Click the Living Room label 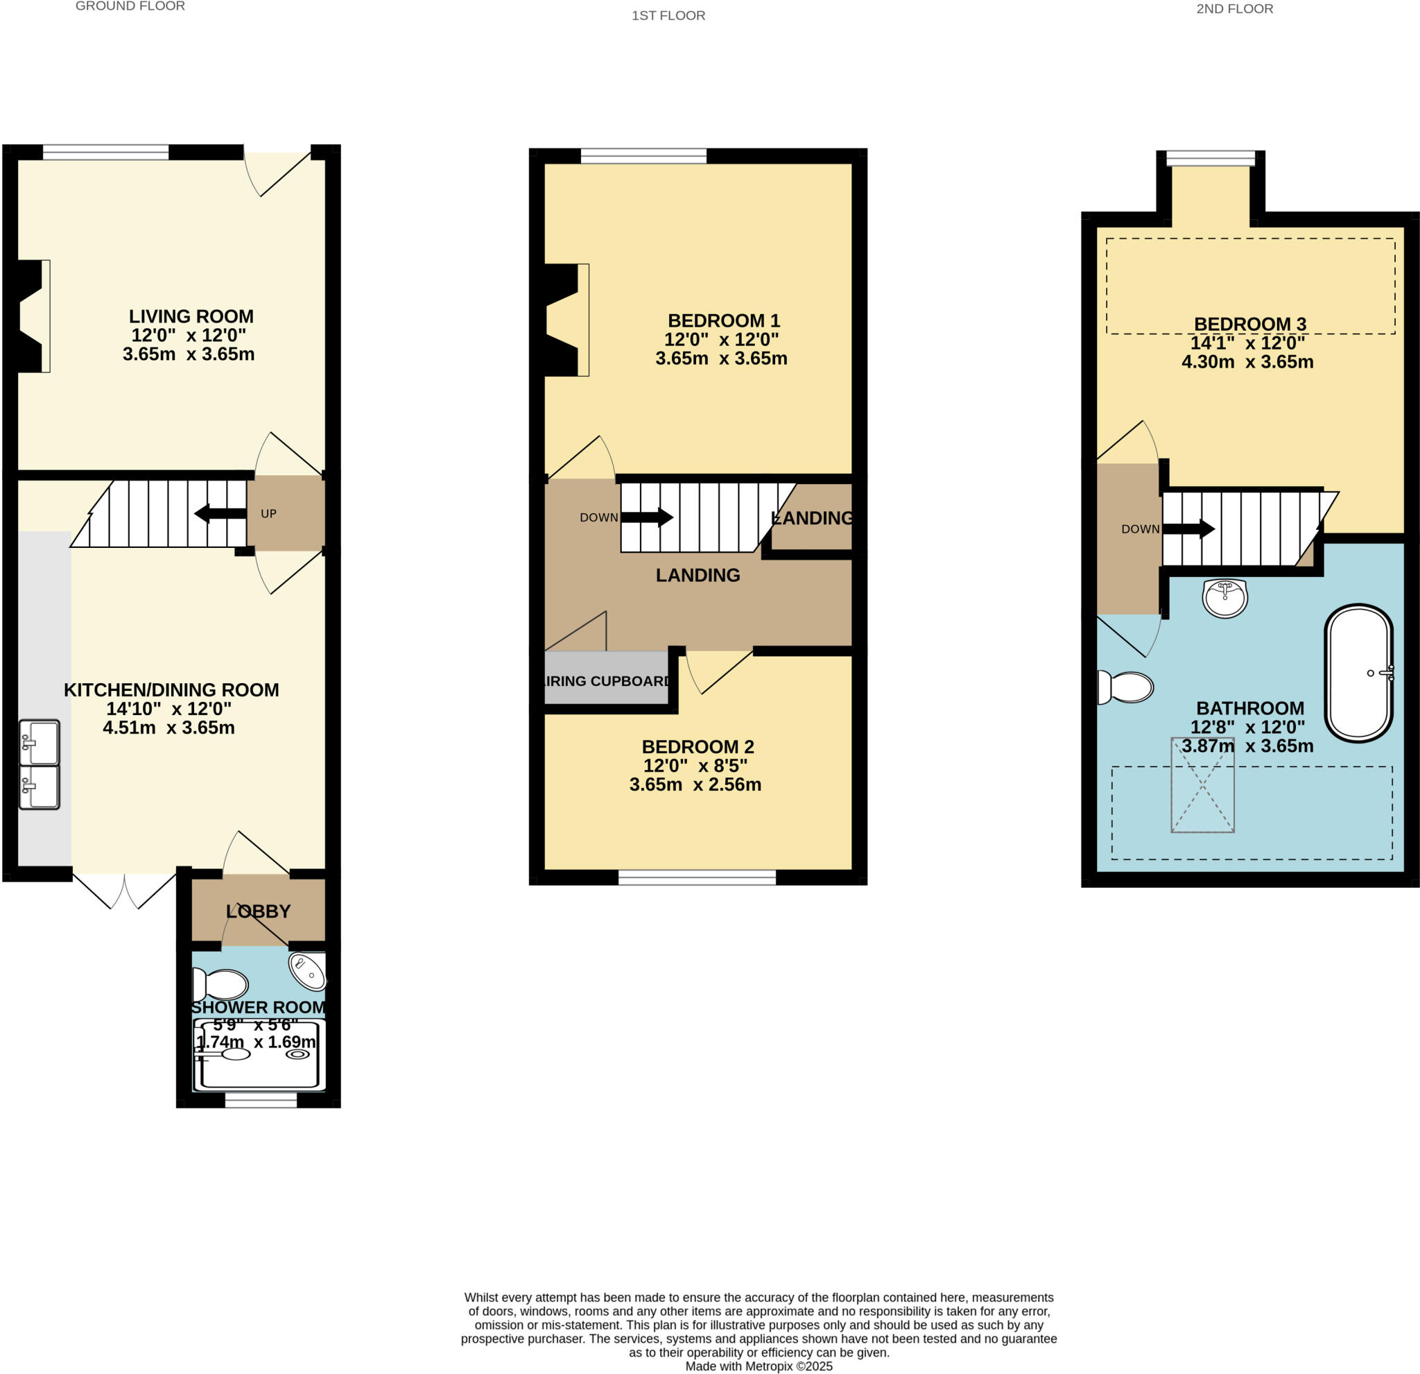[x=191, y=316]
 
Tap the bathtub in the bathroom [x=1358, y=673]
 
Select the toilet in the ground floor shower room [x=221, y=985]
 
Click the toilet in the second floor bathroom [x=1126, y=687]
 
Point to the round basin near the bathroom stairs [x=1225, y=598]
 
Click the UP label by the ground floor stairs [x=268, y=514]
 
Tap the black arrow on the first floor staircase [x=647, y=517]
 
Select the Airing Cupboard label [x=607, y=681]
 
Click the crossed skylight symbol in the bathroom [x=1203, y=785]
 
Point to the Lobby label [x=258, y=911]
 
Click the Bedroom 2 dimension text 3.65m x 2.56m [x=695, y=785]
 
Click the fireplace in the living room [x=33, y=316]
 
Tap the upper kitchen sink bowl [x=39, y=742]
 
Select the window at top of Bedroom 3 [x=1211, y=158]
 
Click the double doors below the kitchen [x=125, y=891]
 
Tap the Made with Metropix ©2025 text [x=759, y=1366]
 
